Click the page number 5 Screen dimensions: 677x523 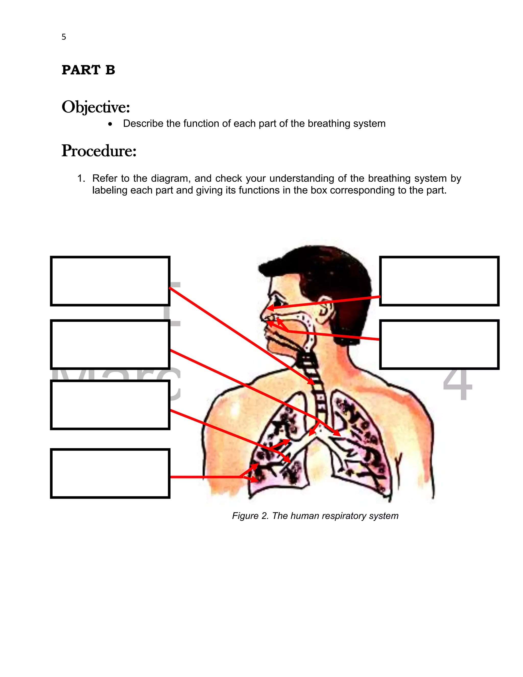64,37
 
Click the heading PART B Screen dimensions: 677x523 88,70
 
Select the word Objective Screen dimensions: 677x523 96,107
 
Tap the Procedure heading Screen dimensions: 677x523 99,151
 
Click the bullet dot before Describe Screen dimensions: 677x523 110,124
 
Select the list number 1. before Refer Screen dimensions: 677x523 81,179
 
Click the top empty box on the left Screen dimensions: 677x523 110,281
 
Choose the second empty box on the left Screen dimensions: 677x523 110,344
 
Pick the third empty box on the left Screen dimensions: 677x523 110,405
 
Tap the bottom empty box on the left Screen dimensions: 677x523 110,473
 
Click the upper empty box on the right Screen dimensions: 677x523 439,281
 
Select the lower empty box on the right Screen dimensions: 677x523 439,344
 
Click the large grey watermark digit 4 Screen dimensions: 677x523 458,384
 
